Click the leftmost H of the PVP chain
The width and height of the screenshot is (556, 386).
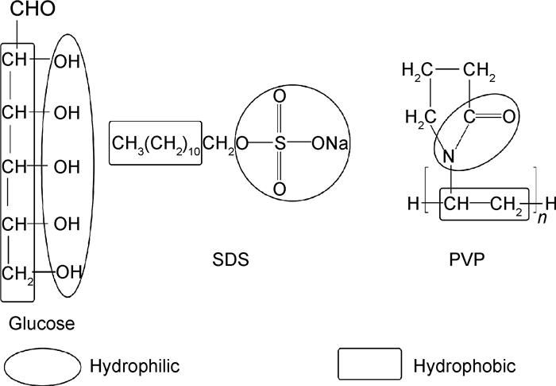[x=412, y=205]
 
